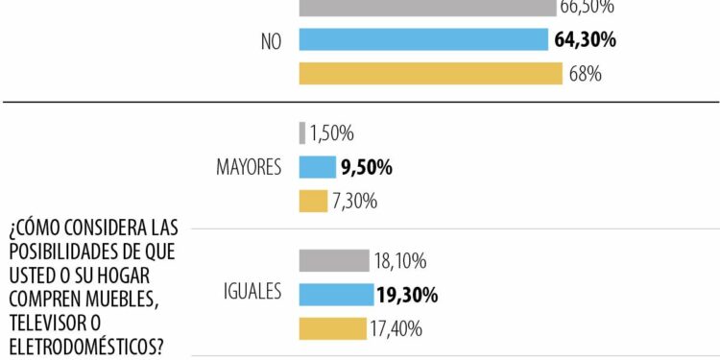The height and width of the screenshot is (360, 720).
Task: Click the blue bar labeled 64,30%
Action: [x=423, y=39]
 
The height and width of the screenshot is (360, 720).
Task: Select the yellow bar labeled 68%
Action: [x=430, y=74]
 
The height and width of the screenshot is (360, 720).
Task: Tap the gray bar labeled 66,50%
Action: [x=427, y=8]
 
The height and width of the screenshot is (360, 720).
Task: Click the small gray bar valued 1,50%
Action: [x=302, y=132]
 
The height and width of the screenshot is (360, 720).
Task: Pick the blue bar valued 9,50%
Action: [x=317, y=167]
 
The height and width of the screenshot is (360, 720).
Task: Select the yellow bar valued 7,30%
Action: [x=313, y=202]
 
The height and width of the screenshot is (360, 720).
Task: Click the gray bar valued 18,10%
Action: [x=334, y=260]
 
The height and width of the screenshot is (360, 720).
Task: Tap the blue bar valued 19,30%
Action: [x=336, y=295]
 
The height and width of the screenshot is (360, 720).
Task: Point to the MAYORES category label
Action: [x=248, y=168]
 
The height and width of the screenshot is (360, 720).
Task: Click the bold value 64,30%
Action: [x=585, y=39]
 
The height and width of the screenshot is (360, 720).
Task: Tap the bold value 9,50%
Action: [x=367, y=168]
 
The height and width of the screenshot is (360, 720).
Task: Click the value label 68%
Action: [x=586, y=74]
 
